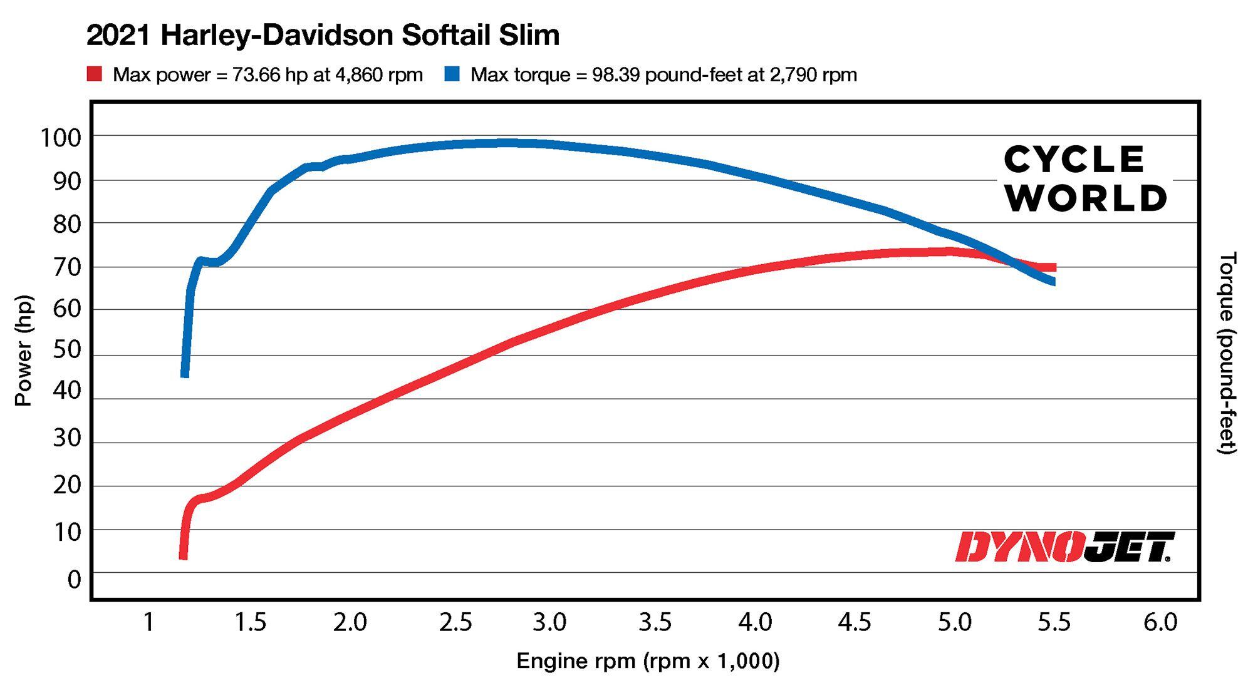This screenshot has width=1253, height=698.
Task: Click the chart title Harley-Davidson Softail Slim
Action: click(323, 35)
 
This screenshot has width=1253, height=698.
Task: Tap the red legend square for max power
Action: click(94, 74)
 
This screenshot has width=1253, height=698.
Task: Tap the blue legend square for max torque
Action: click(452, 74)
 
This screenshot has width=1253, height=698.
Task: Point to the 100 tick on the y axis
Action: click(61, 138)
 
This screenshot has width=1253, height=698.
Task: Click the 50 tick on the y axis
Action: click(66, 349)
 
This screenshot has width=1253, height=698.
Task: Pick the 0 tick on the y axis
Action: click(74, 580)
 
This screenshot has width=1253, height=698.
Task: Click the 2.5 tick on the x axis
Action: click(455, 622)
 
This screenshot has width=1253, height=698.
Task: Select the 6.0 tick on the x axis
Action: click(1160, 622)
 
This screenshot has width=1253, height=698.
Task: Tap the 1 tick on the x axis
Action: click(148, 622)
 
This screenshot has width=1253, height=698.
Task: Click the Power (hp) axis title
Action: click(23, 351)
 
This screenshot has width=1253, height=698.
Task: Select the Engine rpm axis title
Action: click(648, 661)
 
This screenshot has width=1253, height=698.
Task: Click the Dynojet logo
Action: click(1064, 547)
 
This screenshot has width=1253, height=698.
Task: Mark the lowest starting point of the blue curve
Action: click(185, 374)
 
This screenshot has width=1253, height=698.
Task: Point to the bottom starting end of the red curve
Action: click(183, 556)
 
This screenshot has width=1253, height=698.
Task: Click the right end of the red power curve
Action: click(1054, 267)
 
